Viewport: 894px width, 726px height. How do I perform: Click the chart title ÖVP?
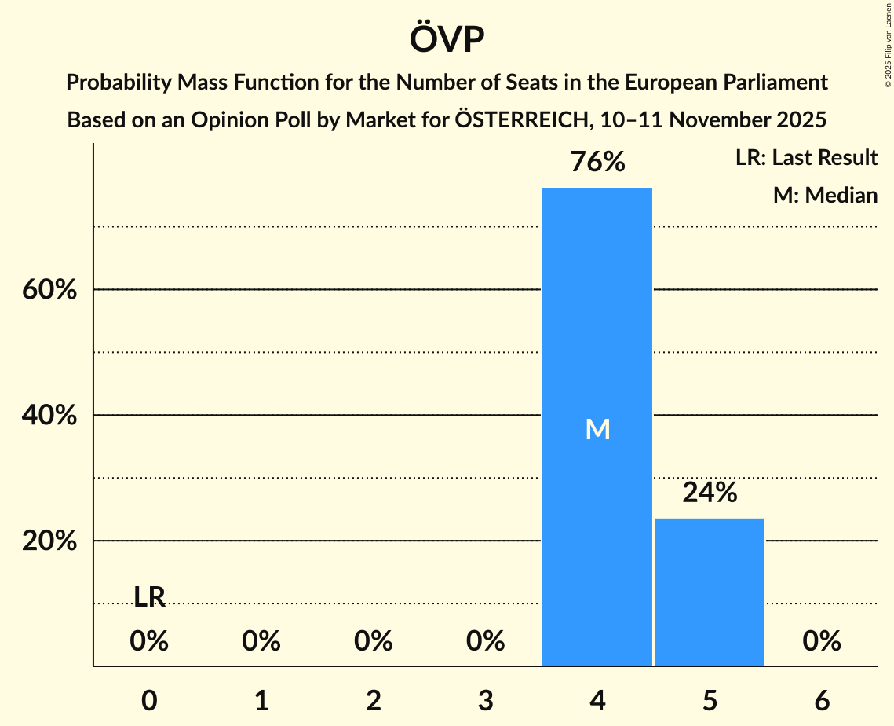click(447, 39)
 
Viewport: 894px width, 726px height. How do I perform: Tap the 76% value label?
click(597, 163)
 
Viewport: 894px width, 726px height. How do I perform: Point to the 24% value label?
click(710, 493)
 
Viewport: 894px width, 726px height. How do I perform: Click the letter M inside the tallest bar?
click(597, 429)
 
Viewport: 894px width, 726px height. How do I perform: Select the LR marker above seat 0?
click(149, 597)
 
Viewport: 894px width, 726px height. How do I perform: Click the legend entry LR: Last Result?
click(806, 158)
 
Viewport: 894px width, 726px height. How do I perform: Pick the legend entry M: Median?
click(825, 195)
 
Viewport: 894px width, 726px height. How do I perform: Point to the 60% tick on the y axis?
click(49, 290)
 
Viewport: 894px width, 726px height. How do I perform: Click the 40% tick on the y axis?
click(49, 416)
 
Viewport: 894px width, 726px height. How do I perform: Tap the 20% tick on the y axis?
click(49, 541)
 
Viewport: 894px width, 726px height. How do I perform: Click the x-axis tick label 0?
click(149, 701)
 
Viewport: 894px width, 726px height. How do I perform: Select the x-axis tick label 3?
click(486, 701)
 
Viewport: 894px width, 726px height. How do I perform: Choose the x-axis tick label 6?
click(822, 701)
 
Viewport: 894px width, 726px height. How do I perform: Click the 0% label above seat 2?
click(374, 641)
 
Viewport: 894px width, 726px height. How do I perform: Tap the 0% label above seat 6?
click(822, 641)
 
